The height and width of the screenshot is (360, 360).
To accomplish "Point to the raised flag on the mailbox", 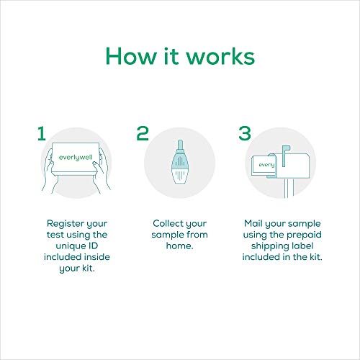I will tap(289, 150).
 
